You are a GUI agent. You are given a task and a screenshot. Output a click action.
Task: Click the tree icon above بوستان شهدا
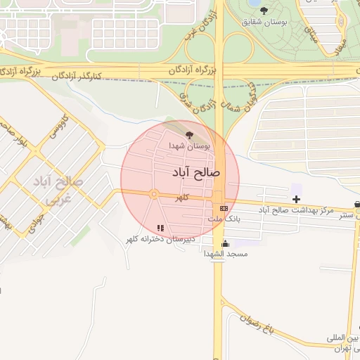188,134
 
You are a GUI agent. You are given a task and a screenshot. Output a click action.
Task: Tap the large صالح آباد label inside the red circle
195,172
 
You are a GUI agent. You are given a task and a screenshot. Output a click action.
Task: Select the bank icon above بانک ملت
224,208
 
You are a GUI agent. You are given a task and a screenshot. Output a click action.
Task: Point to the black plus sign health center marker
297,199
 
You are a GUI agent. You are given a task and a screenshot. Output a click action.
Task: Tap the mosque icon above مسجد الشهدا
224,243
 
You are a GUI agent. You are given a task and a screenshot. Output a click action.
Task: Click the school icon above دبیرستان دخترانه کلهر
160,228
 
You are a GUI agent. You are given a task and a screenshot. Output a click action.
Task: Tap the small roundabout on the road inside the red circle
154,195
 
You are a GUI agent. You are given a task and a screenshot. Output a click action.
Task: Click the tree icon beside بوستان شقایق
264,11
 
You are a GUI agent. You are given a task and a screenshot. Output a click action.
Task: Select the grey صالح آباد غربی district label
58,190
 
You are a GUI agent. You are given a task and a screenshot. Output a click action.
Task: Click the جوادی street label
34,219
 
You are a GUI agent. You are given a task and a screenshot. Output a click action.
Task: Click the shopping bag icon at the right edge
357,205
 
